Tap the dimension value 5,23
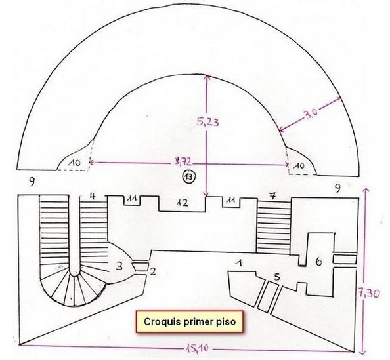pyautogui.click(x=207, y=122)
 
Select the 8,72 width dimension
pyautogui.click(x=183, y=162)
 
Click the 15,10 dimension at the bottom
pyautogui.click(x=197, y=349)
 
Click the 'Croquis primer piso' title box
pyautogui.click(x=190, y=322)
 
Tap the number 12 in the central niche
pyautogui.click(x=183, y=203)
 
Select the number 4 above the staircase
pyautogui.click(x=93, y=197)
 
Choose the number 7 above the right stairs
pyautogui.click(x=273, y=196)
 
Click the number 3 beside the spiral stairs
pyautogui.click(x=119, y=266)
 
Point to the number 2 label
pyautogui.click(x=152, y=271)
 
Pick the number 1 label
pyautogui.click(x=240, y=263)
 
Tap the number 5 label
pyautogui.click(x=277, y=277)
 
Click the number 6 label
pyautogui.click(x=318, y=262)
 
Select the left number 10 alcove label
pyautogui.click(x=75, y=163)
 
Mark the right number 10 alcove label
pyautogui.click(x=299, y=165)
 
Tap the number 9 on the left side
pyautogui.click(x=32, y=182)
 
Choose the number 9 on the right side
pyautogui.click(x=337, y=189)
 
